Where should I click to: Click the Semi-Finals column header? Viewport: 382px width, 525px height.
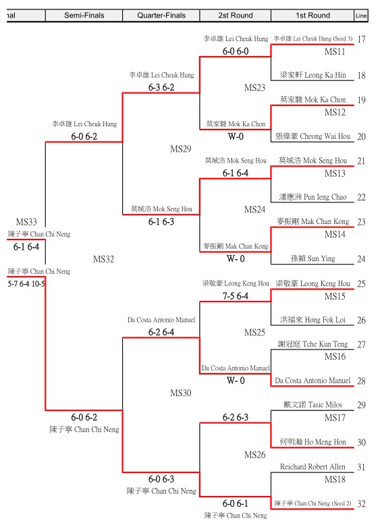tap(84, 16)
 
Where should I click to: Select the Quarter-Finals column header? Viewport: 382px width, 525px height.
tap(161, 16)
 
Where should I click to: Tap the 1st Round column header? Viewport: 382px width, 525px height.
tap(312, 16)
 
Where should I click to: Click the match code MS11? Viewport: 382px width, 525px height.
tap(335, 51)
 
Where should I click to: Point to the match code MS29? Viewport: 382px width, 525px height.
tap(180, 148)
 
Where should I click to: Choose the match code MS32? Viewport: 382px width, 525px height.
tap(103, 259)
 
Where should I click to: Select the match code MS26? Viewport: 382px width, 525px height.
tap(254, 455)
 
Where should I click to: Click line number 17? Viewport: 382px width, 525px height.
tap(361, 39)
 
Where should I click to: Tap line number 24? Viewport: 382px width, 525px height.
tap(361, 259)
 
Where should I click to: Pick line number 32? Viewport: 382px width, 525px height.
tap(361, 504)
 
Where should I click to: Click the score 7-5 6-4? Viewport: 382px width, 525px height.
tap(236, 296)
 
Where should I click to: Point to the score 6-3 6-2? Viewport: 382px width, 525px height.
tap(161, 88)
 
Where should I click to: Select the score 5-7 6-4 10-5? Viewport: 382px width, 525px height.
tap(26, 284)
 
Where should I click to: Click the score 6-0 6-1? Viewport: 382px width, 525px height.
tap(236, 503)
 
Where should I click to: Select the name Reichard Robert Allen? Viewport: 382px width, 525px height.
tap(312, 467)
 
